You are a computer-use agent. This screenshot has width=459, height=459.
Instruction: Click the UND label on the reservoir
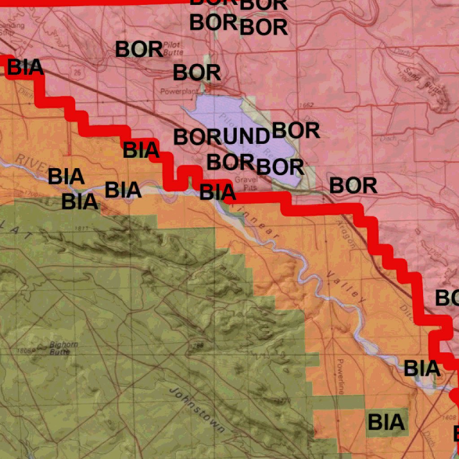[x=246, y=136]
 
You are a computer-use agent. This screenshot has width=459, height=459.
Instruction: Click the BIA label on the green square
[x=386, y=422]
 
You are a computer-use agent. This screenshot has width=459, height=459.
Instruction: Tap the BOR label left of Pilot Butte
[x=139, y=50]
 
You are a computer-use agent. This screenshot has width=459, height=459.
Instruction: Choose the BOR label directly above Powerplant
[x=197, y=73]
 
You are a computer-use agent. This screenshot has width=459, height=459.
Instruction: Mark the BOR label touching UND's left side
[x=197, y=137]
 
